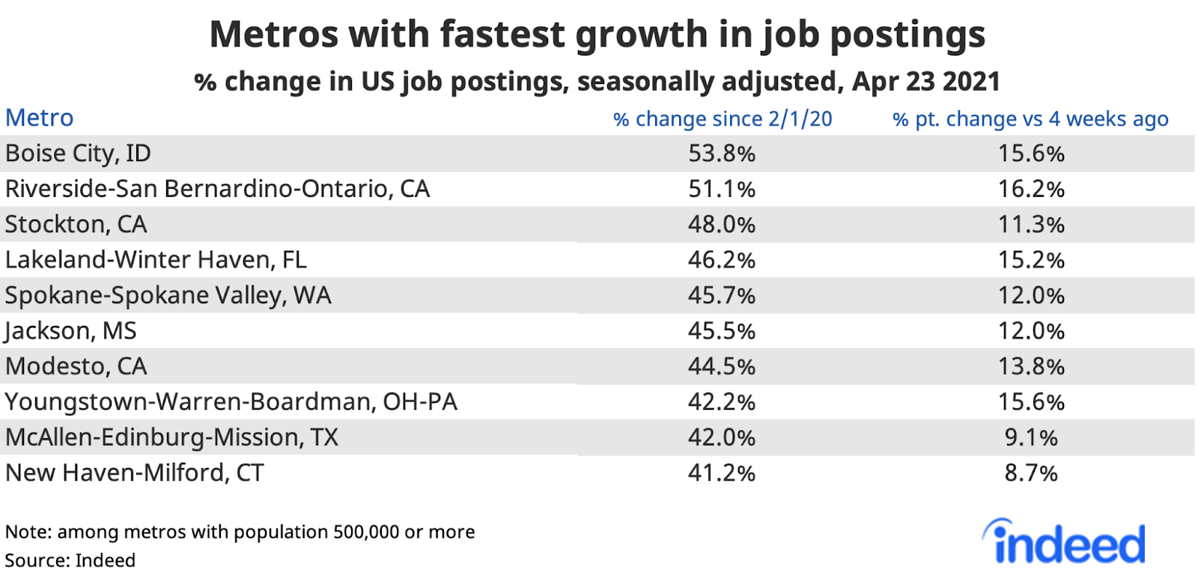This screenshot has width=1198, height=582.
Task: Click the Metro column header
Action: coord(40,118)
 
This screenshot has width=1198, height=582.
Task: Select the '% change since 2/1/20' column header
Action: coord(722,119)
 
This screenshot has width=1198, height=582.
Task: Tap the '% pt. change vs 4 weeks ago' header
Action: coord(1030,119)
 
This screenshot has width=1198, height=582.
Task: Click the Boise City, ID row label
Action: coord(78,154)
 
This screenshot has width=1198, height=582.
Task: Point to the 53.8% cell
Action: coord(722,154)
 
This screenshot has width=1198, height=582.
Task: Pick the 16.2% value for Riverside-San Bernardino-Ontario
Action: coord(1031,189)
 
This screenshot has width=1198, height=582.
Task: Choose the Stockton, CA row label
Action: coord(76,225)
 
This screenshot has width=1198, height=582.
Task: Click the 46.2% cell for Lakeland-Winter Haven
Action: coord(722,260)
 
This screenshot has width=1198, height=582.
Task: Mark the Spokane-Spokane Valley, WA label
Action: coord(168,296)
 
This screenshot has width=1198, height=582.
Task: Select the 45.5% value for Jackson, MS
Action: coord(722,331)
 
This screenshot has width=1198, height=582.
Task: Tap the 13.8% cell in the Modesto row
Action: coord(1031,366)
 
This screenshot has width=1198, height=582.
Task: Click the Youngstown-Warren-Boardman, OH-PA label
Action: coord(231,402)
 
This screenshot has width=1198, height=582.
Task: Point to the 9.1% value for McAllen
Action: coord(1031,437)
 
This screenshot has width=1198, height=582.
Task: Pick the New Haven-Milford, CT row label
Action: coord(135,473)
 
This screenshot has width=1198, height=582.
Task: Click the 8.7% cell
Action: coord(1031,473)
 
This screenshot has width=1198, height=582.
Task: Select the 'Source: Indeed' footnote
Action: coord(70,560)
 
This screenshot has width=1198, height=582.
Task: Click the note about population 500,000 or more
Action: coord(240,532)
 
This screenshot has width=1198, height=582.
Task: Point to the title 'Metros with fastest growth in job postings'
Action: coord(597,34)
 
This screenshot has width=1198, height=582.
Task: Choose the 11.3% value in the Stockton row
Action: coord(1031,225)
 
